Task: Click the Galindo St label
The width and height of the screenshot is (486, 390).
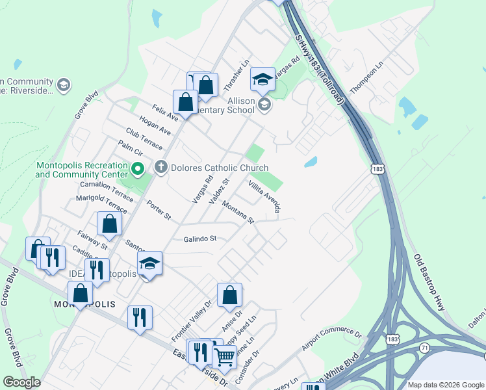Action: pyautogui.click(x=199, y=239)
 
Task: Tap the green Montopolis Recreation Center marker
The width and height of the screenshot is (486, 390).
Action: pyautogui.click(x=137, y=170)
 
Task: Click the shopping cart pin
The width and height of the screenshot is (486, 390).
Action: pyautogui.click(x=224, y=356)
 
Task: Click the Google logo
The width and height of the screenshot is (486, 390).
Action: pyautogui.click(x=22, y=382)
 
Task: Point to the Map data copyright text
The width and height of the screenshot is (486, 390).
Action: pyautogui.click(x=446, y=385)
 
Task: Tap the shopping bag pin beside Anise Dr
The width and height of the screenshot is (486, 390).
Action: pyautogui.click(x=230, y=296)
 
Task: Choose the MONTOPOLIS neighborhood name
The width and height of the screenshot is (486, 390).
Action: pyautogui.click(x=84, y=305)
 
